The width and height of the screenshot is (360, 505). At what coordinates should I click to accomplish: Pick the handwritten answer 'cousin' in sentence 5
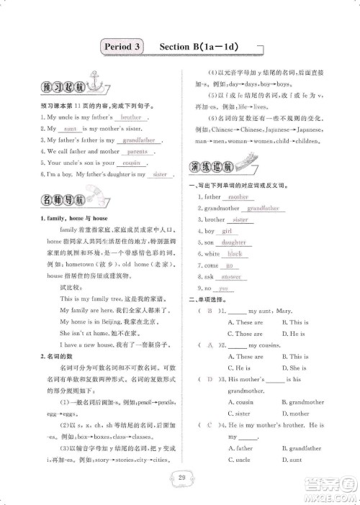tap(130, 163)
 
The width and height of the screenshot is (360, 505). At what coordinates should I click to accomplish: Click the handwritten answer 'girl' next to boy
tap(230, 231)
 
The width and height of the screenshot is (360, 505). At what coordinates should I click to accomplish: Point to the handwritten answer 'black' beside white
tap(234, 254)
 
